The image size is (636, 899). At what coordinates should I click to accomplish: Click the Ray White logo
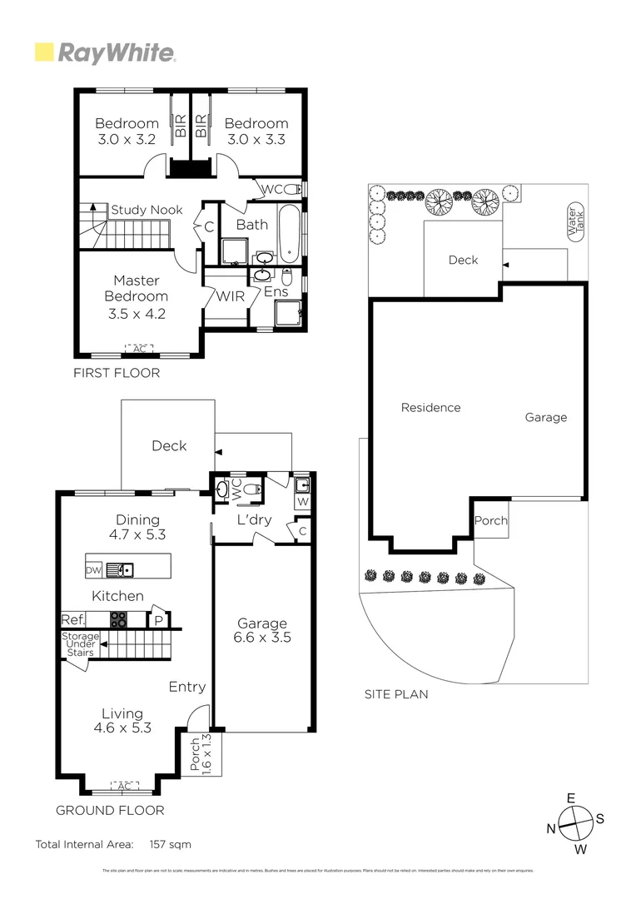tap(105, 53)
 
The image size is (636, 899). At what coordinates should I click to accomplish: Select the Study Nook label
tap(147, 210)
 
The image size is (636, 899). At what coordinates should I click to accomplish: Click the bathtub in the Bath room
tap(287, 235)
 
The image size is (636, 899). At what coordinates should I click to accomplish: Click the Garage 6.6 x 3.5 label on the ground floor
tap(262, 631)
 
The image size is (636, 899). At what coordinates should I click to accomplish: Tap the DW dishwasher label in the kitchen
tap(94, 570)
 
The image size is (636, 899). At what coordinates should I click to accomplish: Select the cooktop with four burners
tap(119, 619)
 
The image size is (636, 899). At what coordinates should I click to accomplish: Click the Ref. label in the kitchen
tap(72, 620)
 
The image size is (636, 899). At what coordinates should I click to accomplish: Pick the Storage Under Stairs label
tap(81, 644)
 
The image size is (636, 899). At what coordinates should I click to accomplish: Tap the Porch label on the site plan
tap(490, 521)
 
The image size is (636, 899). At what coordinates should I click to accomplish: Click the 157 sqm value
tap(170, 844)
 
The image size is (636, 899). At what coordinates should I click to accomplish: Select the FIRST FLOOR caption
tap(117, 373)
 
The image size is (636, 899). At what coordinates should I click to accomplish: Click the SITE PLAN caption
tap(396, 693)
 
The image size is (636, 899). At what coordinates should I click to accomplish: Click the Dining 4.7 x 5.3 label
tap(137, 528)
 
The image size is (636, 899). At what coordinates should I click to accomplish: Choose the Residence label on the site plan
tap(430, 408)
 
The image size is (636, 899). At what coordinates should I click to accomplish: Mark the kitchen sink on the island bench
tap(126, 570)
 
